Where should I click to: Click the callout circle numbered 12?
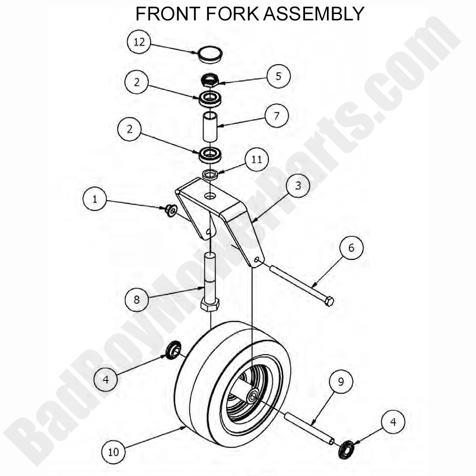pyautogui.click(x=139, y=42)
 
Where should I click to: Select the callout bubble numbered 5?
pyautogui.click(x=278, y=76)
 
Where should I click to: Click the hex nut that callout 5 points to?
pyautogui.click(x=211, y=80)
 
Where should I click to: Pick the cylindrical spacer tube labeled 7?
pyautogui.click(x=210, y=127)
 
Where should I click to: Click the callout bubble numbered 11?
pyautogui.click(x=256, y=159)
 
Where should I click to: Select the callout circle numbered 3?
pyautogui.click(x=297, y=186)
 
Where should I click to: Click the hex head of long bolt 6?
pyautogui.click(x=329, y=301)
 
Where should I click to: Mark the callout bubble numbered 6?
pyautogui.click(x=351, y=248)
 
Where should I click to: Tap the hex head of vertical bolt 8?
pyautogui.click(x=210, y=305)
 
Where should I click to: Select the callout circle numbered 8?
pyautogui.click(x=136, y=300)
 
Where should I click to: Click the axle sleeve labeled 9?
pyautogui.click(x=308, y=427)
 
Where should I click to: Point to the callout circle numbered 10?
pyautogui.click(x=114, y=452)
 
